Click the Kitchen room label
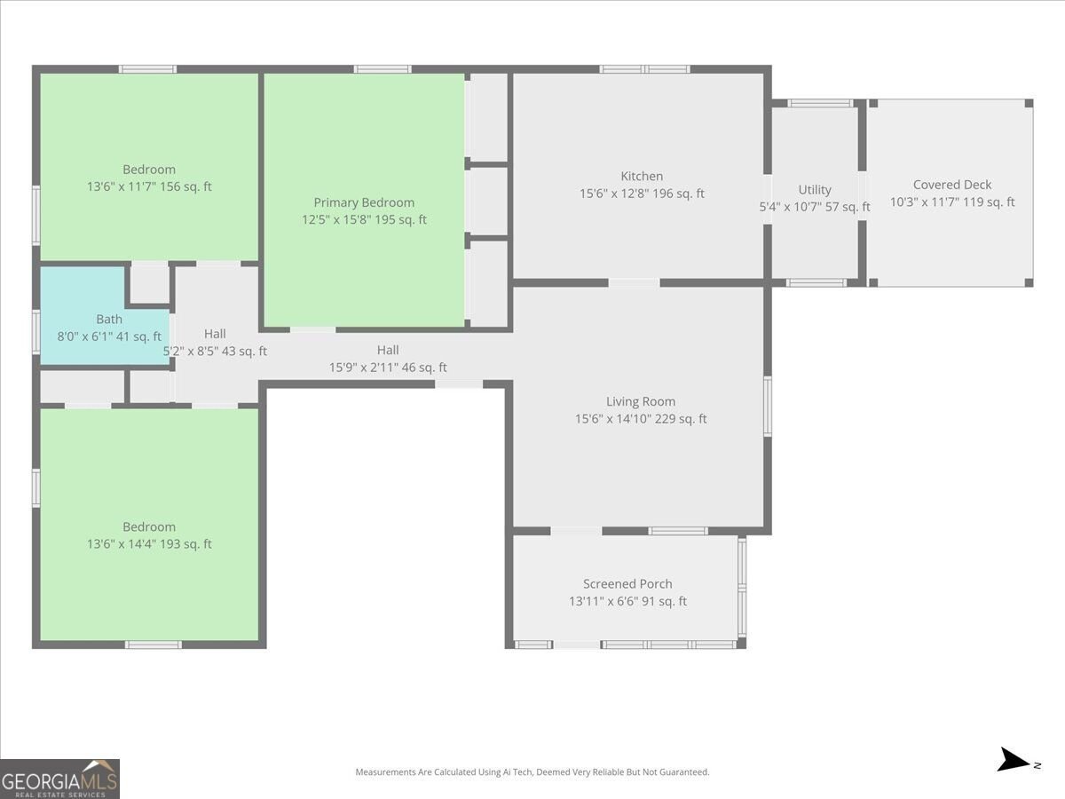642,176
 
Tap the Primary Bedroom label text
364,202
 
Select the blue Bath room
105,315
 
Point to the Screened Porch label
627,583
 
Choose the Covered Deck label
952,185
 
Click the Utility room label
815,190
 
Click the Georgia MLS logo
59,779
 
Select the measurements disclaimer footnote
532,771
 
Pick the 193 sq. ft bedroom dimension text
149,544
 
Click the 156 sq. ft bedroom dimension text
149,186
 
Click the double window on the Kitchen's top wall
644,69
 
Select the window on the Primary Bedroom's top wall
383,69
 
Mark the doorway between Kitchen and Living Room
634,283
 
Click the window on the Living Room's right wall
768,407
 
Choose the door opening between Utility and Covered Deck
862,196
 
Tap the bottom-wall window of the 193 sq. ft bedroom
154,645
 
